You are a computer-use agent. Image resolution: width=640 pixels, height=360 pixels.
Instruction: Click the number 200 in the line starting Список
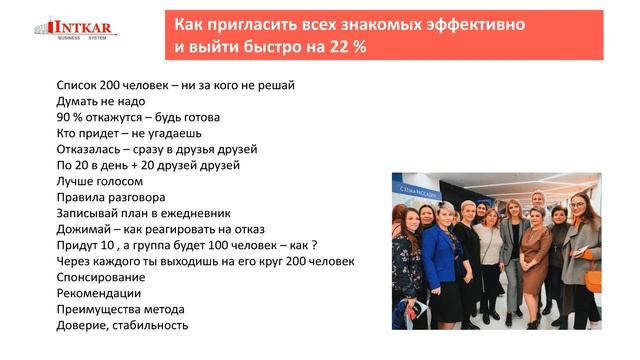pos(114,85)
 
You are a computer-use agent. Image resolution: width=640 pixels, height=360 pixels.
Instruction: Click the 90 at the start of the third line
pos(64,117)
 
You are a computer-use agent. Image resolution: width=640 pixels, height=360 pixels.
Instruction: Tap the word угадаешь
pos(175,133)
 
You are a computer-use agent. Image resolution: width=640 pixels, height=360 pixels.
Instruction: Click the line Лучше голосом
pos(100,181)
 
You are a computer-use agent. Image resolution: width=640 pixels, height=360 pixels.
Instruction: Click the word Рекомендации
pos(99,293)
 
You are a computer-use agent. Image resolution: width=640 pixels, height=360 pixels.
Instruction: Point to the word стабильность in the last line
pos(151,325)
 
